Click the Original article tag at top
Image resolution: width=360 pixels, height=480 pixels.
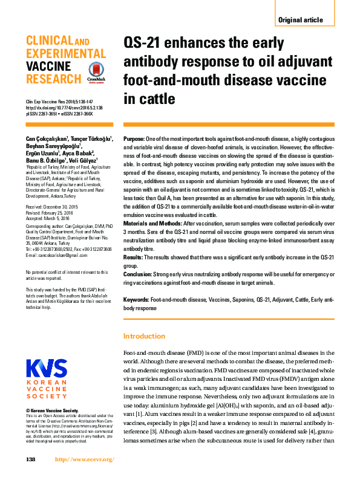click(300, 20)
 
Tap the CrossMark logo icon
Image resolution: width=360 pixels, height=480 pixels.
click(96, 71)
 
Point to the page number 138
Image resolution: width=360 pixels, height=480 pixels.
click(31, 459)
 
